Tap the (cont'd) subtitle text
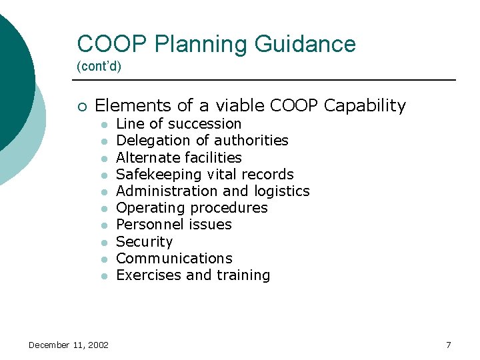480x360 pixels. pos(99,67)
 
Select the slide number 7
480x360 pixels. pos(448,345)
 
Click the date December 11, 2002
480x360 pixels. pos(69,345)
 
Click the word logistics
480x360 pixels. pos(282,191)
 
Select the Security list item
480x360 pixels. pos(144,242)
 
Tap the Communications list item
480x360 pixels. pos(174,259)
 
